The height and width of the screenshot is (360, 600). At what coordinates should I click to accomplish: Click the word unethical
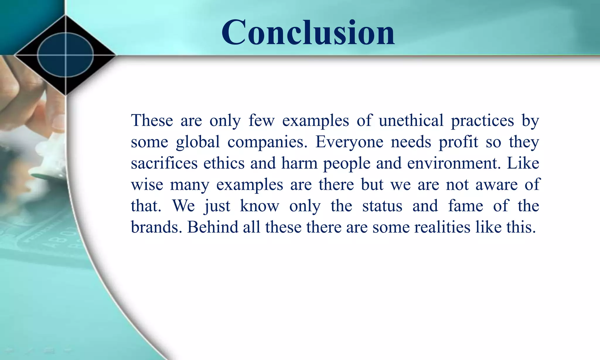point(411,120)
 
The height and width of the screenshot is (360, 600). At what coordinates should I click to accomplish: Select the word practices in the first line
point(482,120)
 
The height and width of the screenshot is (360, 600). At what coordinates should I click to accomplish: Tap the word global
point(198,142)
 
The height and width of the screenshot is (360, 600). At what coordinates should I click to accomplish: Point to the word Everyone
point(349,142)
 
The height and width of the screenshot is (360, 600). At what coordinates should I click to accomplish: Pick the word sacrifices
point(164,163)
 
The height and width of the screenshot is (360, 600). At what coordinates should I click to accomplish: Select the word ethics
point(224,163)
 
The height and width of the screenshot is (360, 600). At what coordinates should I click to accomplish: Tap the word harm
point(299,163)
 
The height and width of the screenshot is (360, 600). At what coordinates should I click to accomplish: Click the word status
point(382,206)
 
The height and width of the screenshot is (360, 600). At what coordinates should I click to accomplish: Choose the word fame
point(466,206)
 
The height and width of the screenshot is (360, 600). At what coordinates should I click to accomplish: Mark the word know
point(260,206)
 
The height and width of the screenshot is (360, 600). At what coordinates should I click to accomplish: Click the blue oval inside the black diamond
point(65,55)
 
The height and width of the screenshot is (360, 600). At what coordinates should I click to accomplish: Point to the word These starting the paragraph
point(152,120)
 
